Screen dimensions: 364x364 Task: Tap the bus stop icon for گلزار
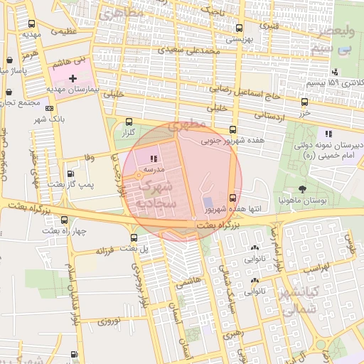(129, 122)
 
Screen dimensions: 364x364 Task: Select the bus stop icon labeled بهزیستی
(238, 29)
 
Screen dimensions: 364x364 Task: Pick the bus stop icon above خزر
(304, 102)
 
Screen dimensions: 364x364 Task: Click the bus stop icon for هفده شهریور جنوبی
(232, 129)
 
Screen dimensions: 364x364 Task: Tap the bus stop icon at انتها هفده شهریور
(232, 198)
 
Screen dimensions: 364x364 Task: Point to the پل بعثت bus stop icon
(134, 237)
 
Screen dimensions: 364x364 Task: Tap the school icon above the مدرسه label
(154, 159)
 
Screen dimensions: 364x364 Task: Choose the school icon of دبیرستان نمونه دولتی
(328, 133)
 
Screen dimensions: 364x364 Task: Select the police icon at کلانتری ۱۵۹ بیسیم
(334, 71)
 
